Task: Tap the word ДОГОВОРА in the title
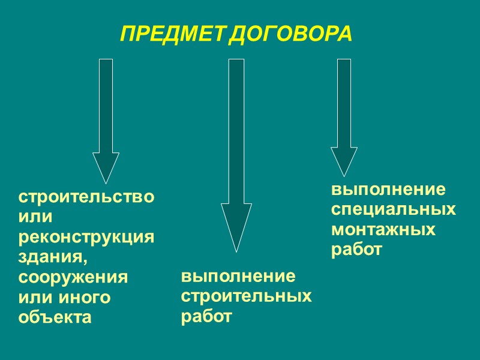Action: point(290,34)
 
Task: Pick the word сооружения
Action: point(74,278)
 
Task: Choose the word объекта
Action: point(55,317)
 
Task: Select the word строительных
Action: point(247,296)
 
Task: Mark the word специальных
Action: point(394,210)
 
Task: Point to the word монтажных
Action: point(383,230)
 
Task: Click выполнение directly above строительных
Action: point(238,277)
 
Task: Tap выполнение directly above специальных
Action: point(389,190)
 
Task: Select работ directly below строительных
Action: point(206,316)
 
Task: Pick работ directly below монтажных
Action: point(356,250)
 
